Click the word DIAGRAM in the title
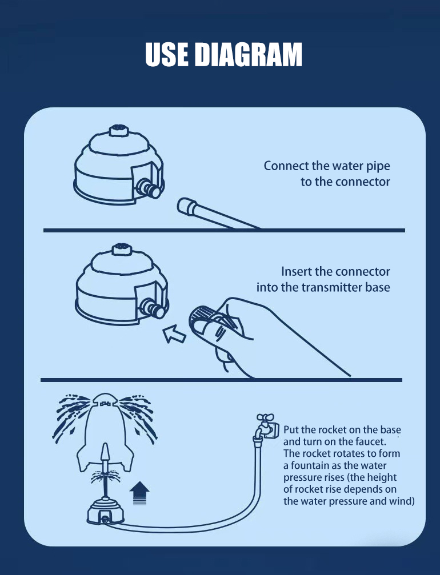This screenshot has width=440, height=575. coord(248,54)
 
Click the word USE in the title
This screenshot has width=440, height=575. coord(167,54)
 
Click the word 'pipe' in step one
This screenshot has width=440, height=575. coord(378,167)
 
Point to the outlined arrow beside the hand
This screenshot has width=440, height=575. coord(174,333)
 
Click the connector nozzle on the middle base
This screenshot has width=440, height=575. coord(153,308)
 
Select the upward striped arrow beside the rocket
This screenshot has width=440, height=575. coord(139,493)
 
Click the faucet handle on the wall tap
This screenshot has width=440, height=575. coord(265,417)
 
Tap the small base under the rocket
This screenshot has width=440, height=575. coord(106,511)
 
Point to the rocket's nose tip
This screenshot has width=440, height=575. coord(105,395)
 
